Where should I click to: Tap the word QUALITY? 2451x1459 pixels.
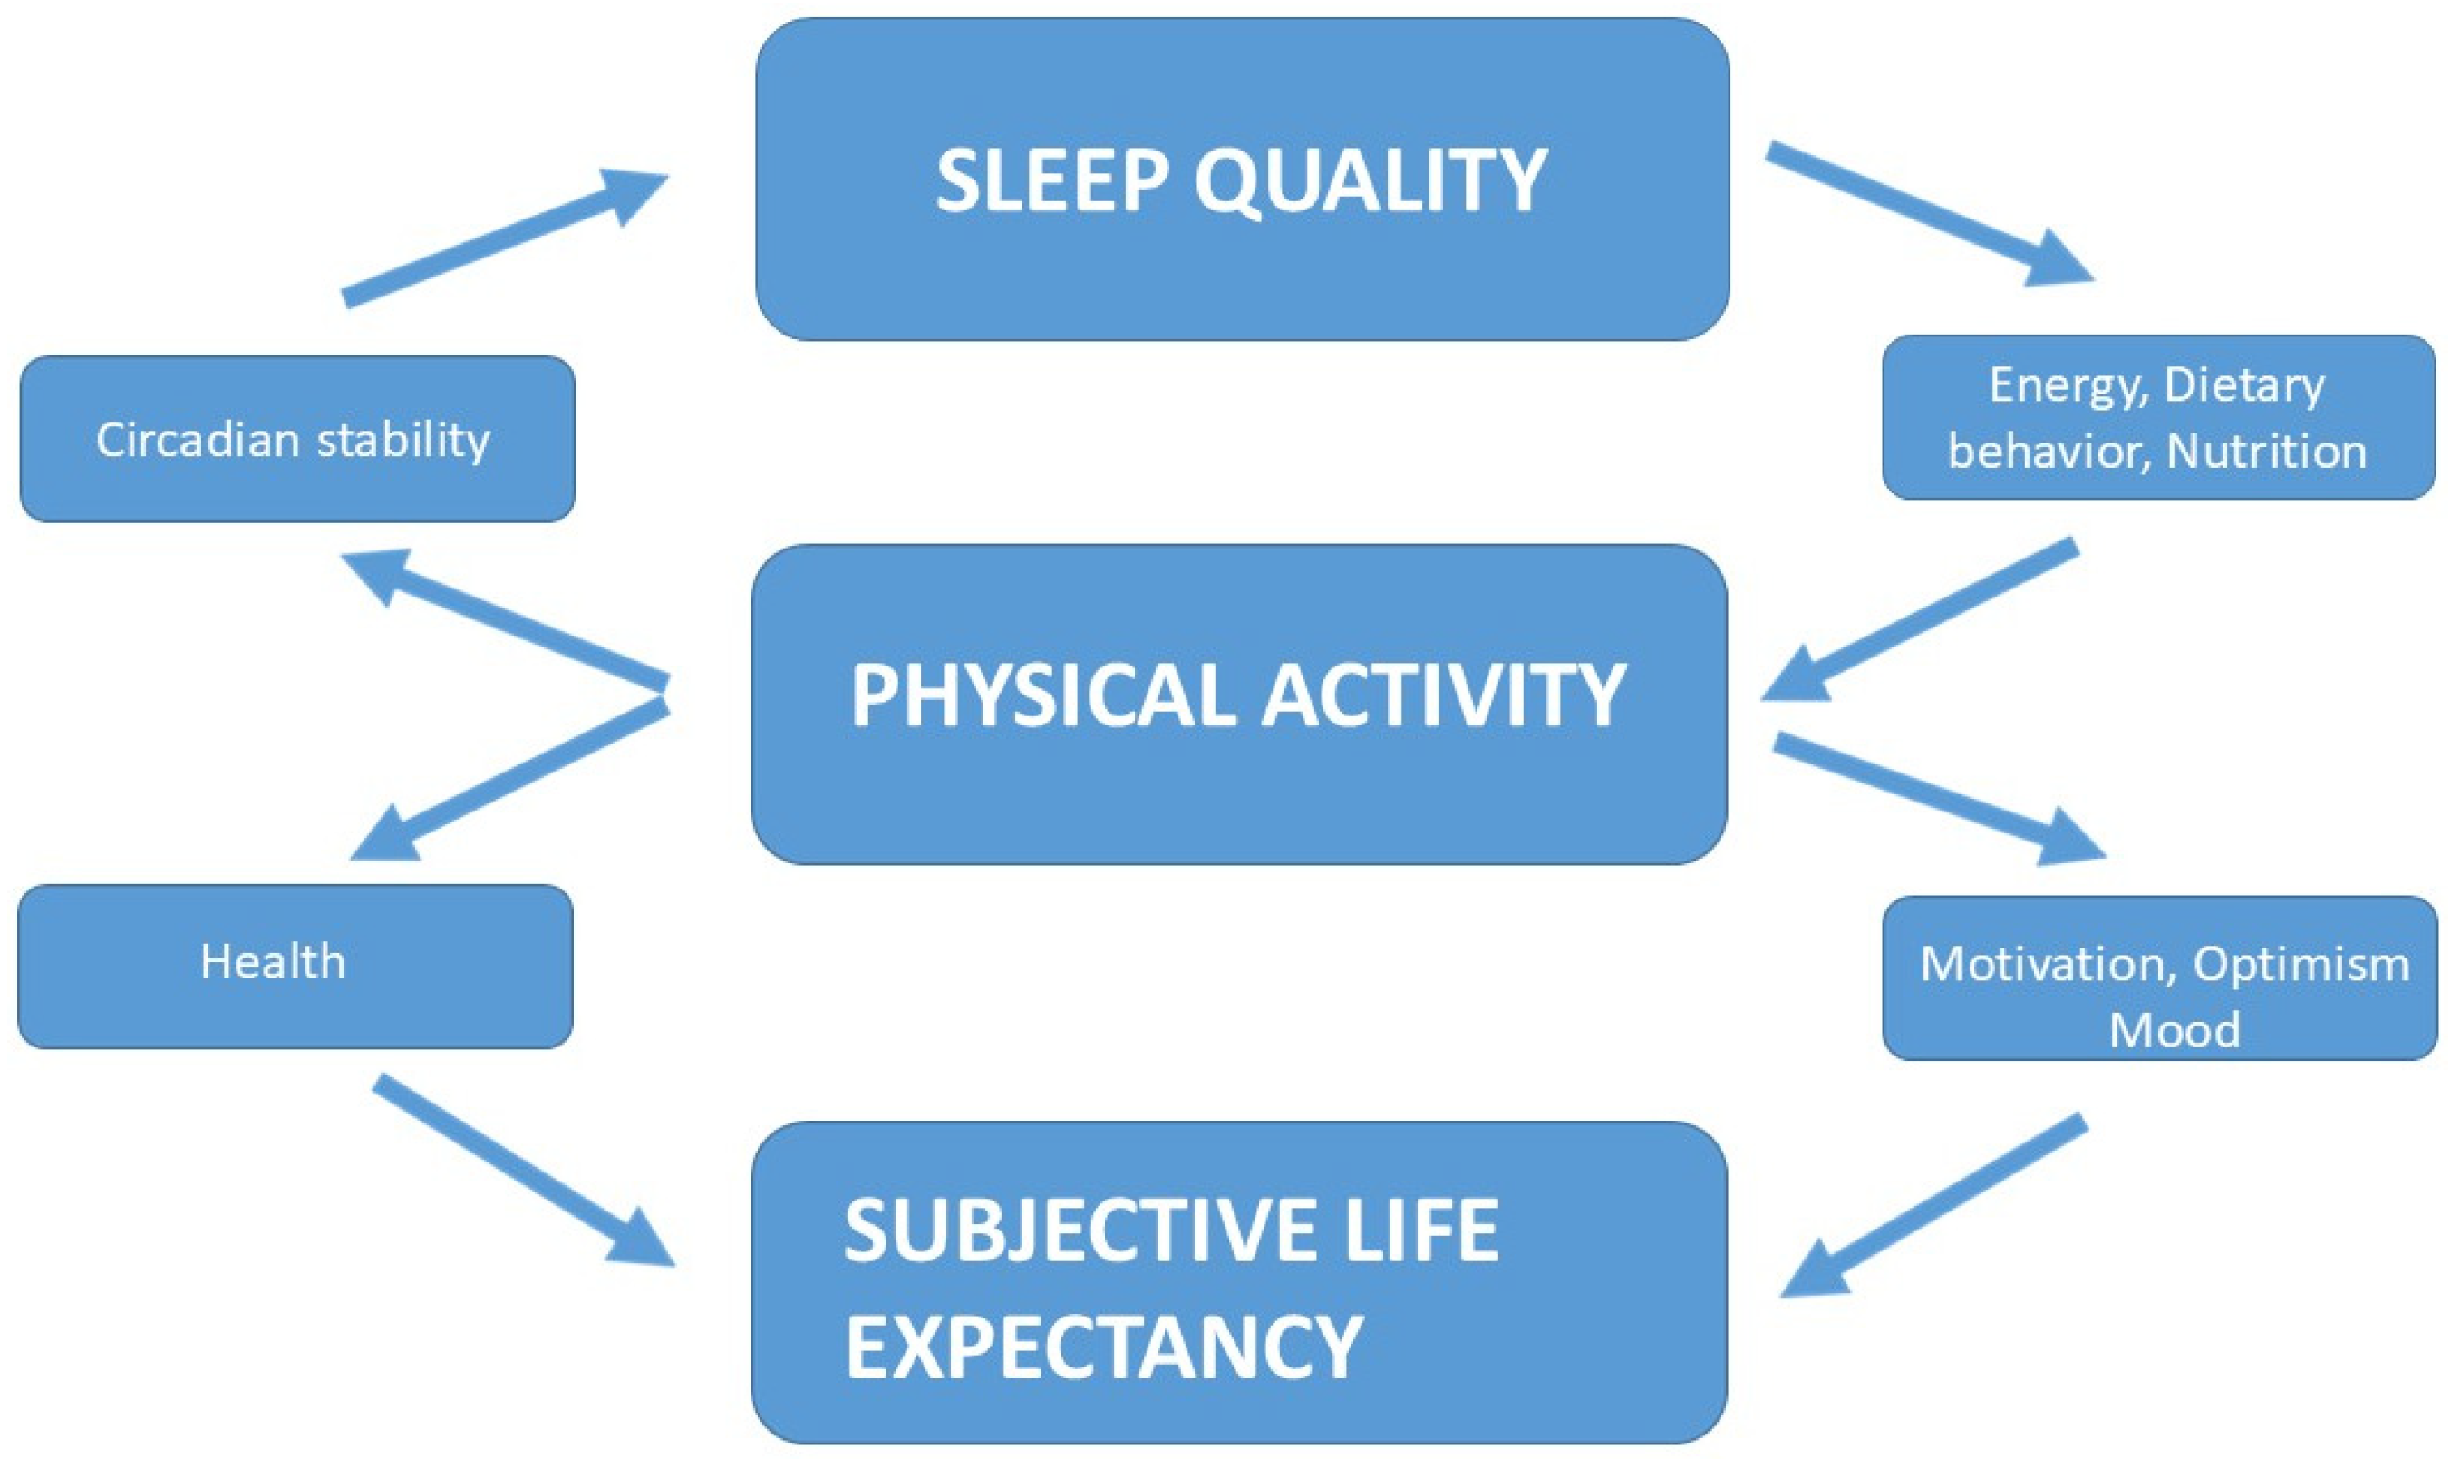click(x=1370, y=183)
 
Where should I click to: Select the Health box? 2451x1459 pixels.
click(x=295, y=964)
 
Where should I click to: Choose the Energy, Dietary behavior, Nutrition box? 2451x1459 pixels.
click(x=2158, y=418)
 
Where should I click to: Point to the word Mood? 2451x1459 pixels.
click(x=2174, y=1030)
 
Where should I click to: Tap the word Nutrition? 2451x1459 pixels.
click(x=2266, y=452)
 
